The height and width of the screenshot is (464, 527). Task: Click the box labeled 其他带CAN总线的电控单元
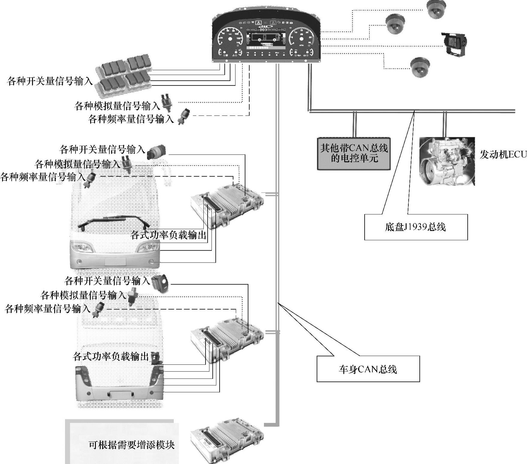[354, 153]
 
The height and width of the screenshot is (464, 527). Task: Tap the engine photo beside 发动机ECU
[447, 161]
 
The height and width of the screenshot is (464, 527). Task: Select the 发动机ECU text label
[502, 155]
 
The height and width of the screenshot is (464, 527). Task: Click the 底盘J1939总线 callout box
[416, 227]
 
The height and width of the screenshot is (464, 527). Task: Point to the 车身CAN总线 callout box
[368, 369]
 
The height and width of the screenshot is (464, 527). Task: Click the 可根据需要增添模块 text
[132, 445]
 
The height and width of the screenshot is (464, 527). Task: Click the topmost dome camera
[436, 9]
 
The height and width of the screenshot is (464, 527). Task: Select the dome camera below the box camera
[419, 67]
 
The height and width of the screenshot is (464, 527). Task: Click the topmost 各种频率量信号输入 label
[131, 119]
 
